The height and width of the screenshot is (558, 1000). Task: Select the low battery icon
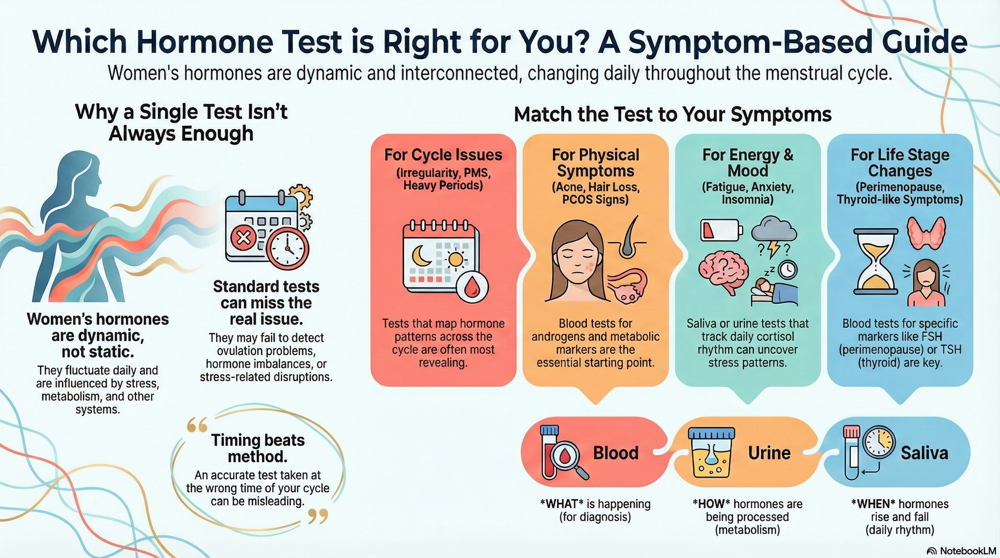pyautogui.click(x=721, y=230)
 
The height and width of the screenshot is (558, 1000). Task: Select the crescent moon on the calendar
pyautogui.click(x=420, y=256)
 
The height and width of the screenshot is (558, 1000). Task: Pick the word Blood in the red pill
pyautogui.click(x=616, y=453)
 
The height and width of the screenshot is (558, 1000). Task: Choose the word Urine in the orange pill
pyautogui.click(x=769, y=453)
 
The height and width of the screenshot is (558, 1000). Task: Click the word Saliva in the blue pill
pyautogui.click(x=924, y=453)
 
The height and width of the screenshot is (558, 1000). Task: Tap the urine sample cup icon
pyautogui.click(x=711, y=452)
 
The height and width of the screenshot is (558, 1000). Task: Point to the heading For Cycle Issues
pyautogui.click(x=443, y=155)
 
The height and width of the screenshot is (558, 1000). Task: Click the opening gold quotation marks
pyautogui.click(x=197, y=426)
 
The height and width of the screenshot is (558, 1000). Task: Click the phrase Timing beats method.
pyautogui.click(x=258, y=448)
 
